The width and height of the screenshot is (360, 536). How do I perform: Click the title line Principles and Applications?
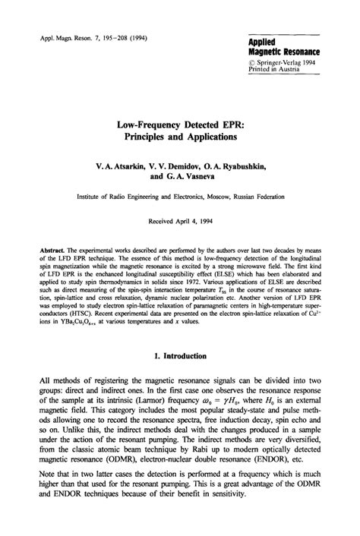[x=180, y=137]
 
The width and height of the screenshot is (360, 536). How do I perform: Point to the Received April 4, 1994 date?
[x=180, y=223]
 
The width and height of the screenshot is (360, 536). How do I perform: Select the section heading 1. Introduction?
[x=180, y=357]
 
